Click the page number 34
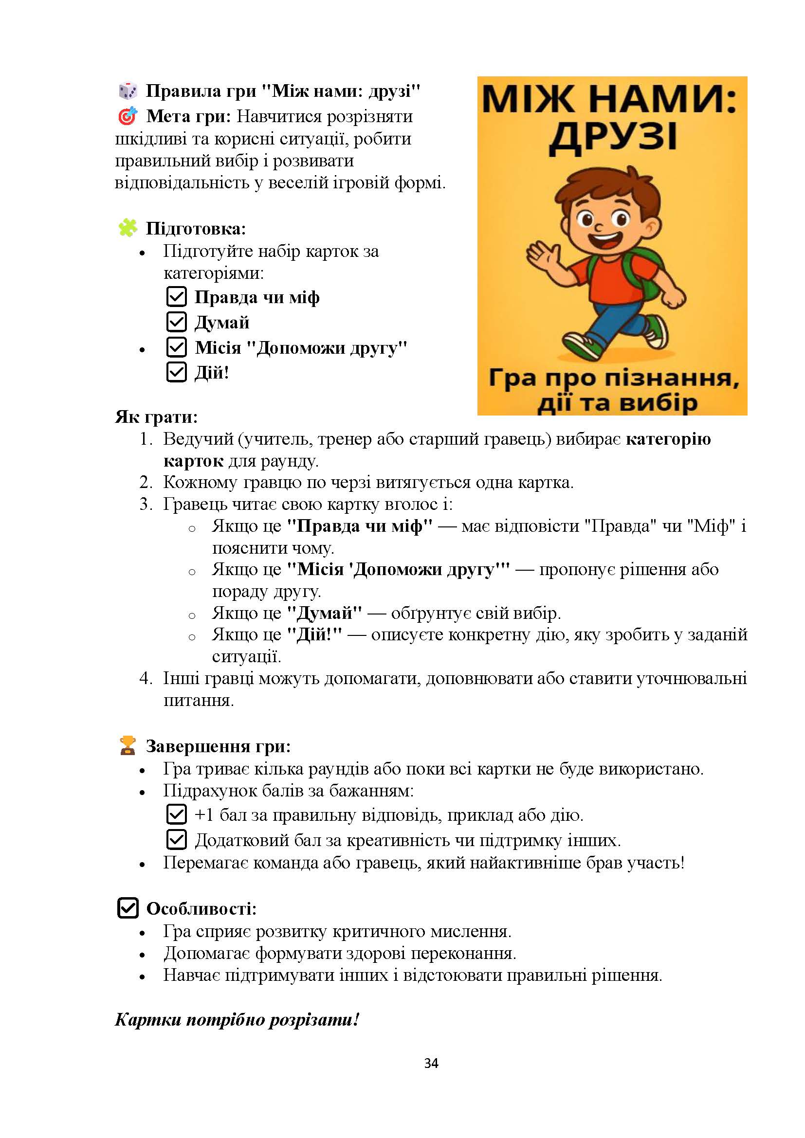(431, 1063)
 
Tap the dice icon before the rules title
(128, 90)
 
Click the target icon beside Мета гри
(128, 116)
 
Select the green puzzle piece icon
(128, 228)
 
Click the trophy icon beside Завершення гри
(128, 745)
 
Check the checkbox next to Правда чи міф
(177, 296)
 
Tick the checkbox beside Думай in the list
(177, 322)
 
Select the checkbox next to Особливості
(128, 908)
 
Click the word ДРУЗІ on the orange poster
(613, 137)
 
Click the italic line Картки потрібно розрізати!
(237, 1020)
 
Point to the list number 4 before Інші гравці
(145, 678)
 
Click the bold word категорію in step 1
(668, 439)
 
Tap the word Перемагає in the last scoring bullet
(205, 863)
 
